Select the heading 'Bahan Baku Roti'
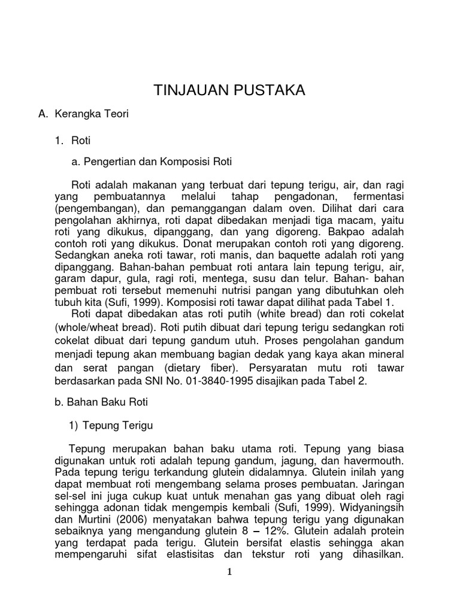[x=101, y=403]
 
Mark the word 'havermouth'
[x=375, y=460]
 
